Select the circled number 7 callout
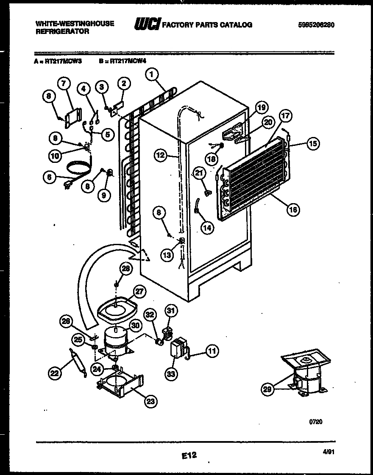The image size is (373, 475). click(x=63, y=84)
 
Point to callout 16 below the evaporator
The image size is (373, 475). click(x=292, y=209)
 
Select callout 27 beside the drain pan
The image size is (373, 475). click(x=139, y=292)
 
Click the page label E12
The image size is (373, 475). click(x=189, y=455)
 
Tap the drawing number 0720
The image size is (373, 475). click(x=316, y=422)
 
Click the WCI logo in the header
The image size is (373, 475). click(x=146, y=25)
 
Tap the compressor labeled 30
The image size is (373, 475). click(x=115, y=339)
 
